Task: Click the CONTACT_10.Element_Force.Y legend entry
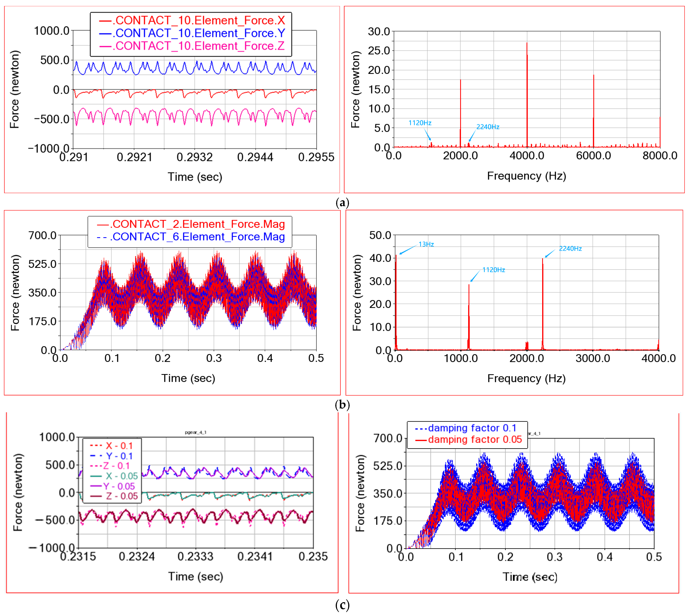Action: click(x=200, y=33)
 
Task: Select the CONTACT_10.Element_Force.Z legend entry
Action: click(x=200, y=46)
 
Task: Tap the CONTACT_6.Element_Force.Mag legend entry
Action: click(x=198, y=237)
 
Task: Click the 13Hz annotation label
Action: click(x=426, y=244)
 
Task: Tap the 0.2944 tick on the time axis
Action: click(x=255, y=157)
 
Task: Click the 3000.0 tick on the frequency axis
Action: click(x=593, y=358)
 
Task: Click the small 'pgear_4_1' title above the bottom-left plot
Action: click(x=196, y=432)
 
